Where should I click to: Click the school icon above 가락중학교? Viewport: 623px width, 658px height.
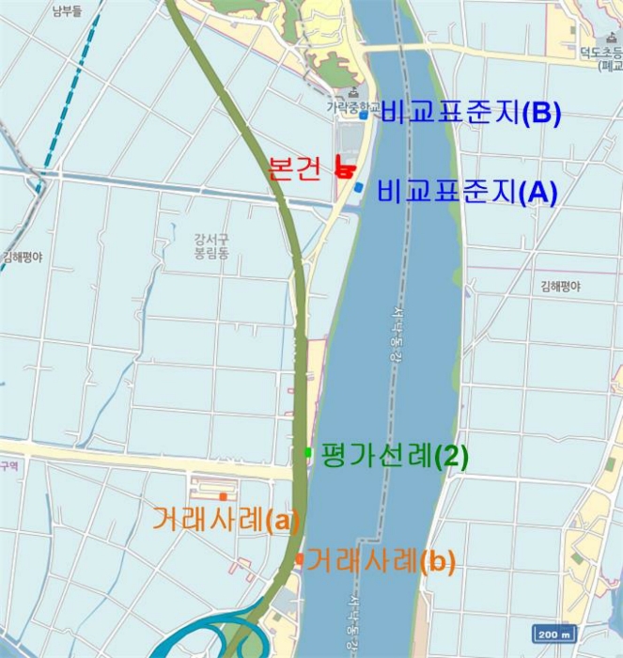(x=353, y=92)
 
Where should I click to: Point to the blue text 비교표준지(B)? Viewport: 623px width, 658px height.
(x=471, y=114)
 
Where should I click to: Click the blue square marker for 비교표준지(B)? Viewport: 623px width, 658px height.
(x=363, y=117)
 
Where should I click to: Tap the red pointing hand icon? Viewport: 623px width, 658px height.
(x=344, y=168)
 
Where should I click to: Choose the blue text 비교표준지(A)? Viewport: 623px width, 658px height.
(x=466, y=192)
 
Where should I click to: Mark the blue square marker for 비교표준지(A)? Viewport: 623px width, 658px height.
(x=359, y=188)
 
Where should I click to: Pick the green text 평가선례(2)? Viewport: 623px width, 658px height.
(x=394, y=456)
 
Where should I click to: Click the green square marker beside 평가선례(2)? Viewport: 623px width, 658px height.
(x=307, y=453)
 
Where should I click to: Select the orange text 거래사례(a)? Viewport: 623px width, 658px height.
(x=226, y=519)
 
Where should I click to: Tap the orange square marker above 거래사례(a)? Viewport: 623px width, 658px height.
(x=223, y=496)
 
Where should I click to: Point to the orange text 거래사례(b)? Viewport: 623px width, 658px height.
(x=381, y=562)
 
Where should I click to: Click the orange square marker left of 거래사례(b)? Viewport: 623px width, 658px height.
(x=298, y=559)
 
